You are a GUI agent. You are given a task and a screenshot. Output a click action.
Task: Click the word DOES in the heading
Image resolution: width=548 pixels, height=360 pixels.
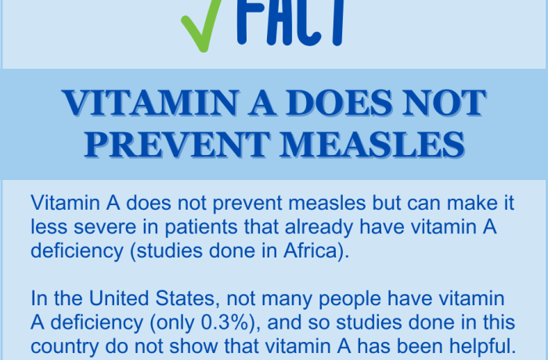(x=339, y=103)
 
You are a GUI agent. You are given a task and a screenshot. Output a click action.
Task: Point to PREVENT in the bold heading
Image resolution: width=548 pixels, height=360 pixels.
(x=177, y=144)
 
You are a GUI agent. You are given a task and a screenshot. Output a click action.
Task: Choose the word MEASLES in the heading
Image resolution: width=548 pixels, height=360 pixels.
(x=372, y=144)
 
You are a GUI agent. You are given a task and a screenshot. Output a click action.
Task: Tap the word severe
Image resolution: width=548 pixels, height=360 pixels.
(x=105, y=227)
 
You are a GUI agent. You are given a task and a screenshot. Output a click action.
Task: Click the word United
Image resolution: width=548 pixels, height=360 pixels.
(x=119, y=298)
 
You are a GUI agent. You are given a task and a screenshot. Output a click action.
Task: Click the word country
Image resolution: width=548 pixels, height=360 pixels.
(x=65, y=347)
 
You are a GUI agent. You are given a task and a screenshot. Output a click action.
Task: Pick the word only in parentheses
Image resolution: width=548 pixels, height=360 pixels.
(x=175, y=323)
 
